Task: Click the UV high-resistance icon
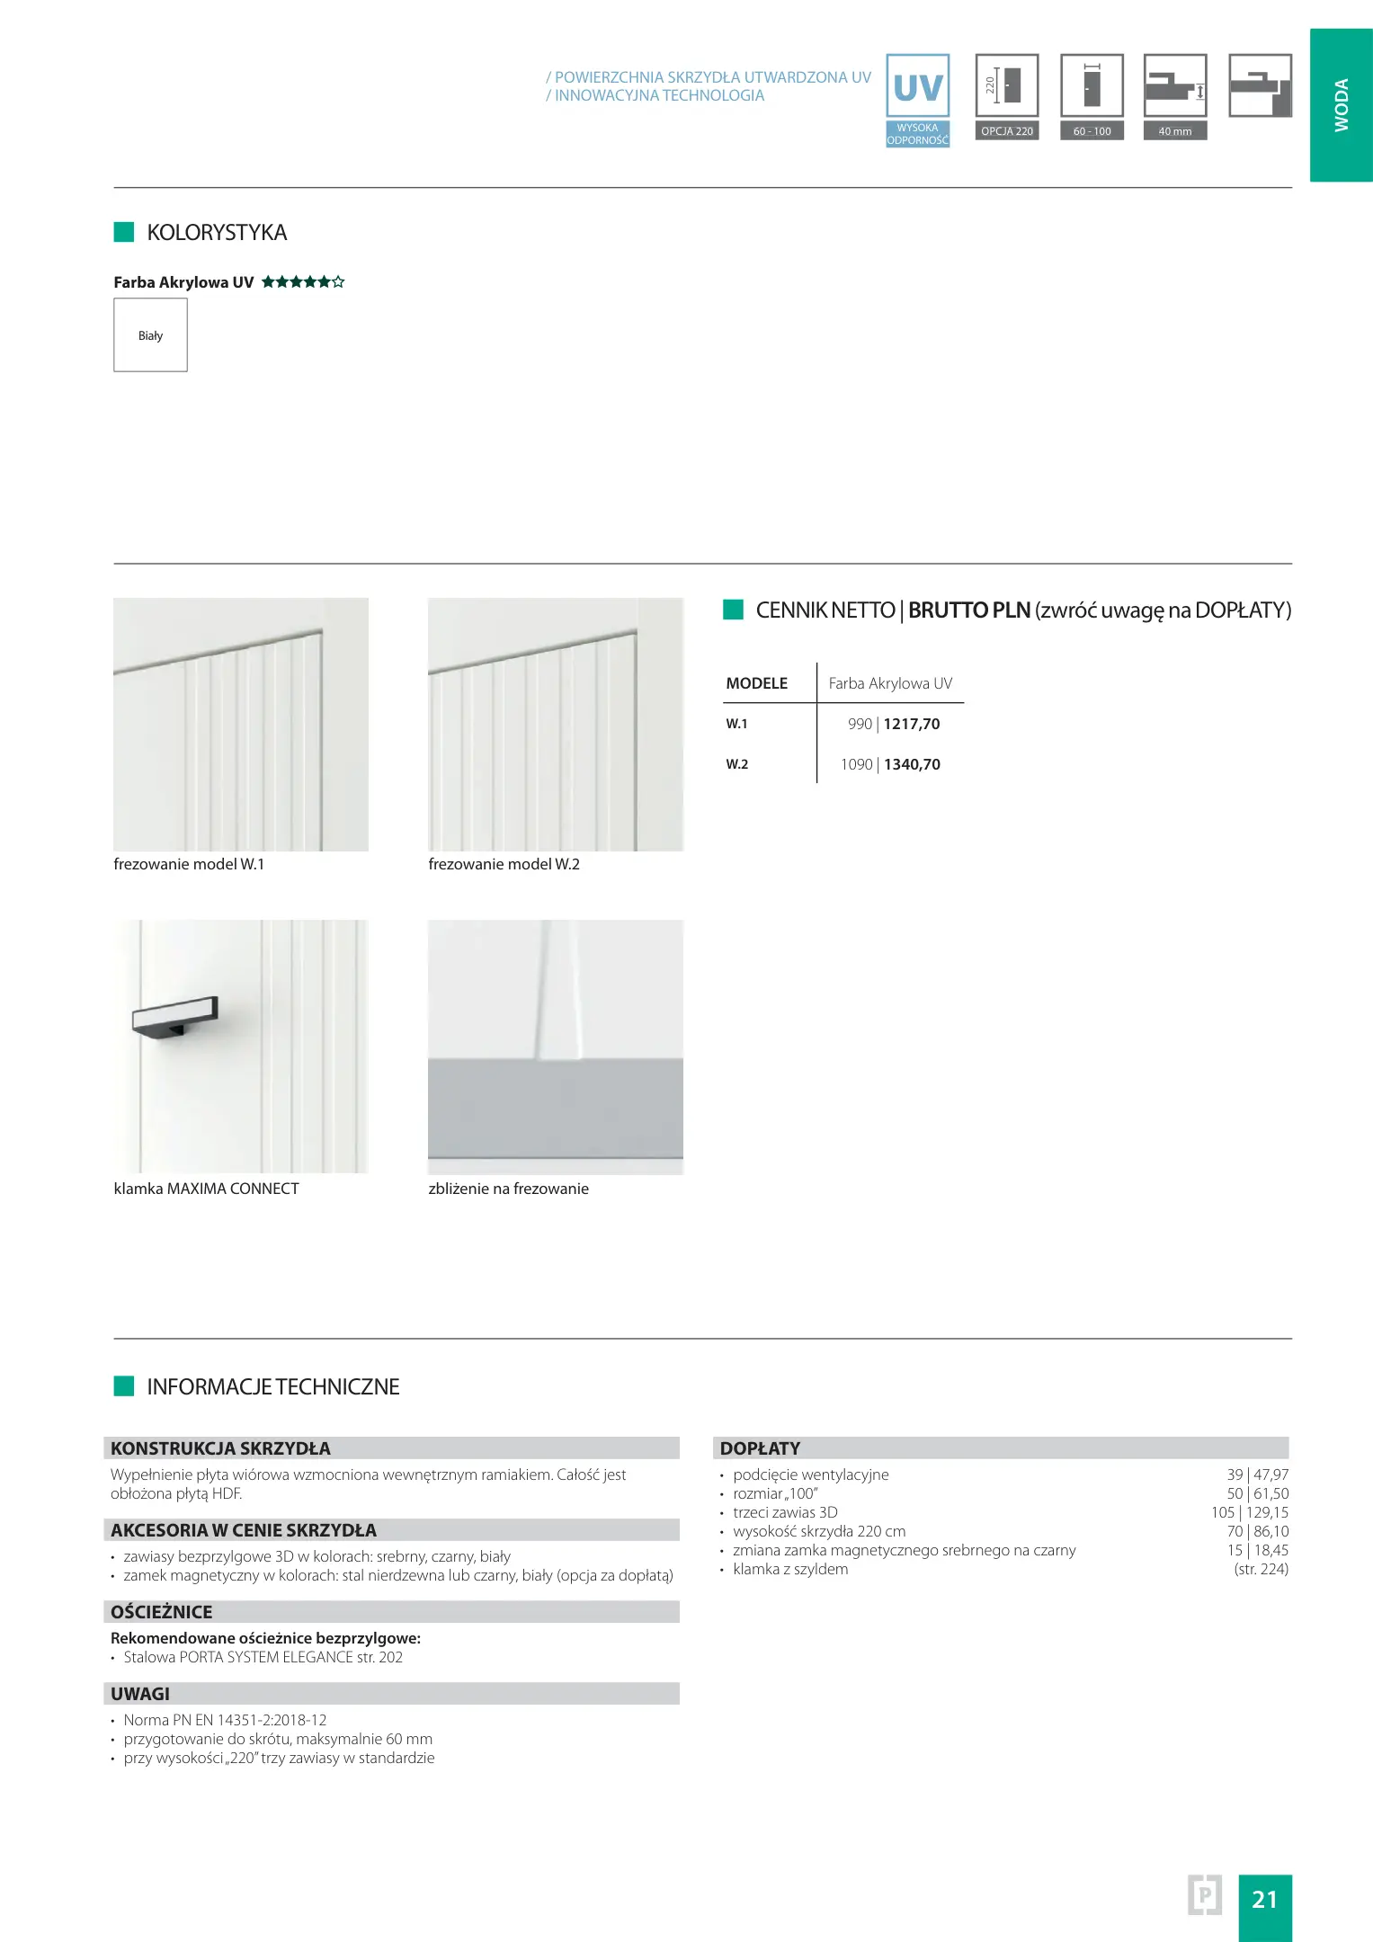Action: pyautogui.click(x=917, y=99)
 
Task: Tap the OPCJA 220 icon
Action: pyautogui.click(x=1007, y=96)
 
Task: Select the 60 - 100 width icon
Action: pyautogui.click(x=1092, y=96)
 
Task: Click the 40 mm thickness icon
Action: pyautogui.click(x=1175, y=96)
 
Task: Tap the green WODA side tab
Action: pyautogui.click(x=1341, y=105)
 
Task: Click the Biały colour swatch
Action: pyautogui.click(x=150, y=334)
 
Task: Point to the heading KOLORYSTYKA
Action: pyautogui.click(x=217, y=233)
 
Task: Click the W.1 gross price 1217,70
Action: pyautogui.click(x=912, y=724)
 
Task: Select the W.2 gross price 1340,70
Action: pyautogui.click(x=912, y=764)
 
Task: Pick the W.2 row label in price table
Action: pyautogui.click(x=737, y=764)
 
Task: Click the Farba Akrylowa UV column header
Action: pyautogui.click(x=890, y=683)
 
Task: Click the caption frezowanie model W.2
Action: pyautogui.click(x=504, y=864)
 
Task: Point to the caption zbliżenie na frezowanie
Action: pyautogui.click(x=508, y=1189)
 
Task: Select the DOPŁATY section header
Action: pyautogui.click(x=760, y=1448)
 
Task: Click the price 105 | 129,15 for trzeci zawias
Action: pyautogui.click(x=1249, y=1512)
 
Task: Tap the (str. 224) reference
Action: pyautogui.click(x=1261, y=1569)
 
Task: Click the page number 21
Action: pyautogui.click(x=1264, y=1899)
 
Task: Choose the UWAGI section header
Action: pyautogui.click(x=140, y=1694)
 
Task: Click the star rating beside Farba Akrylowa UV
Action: pyautogui.click(x=303, y=282)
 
